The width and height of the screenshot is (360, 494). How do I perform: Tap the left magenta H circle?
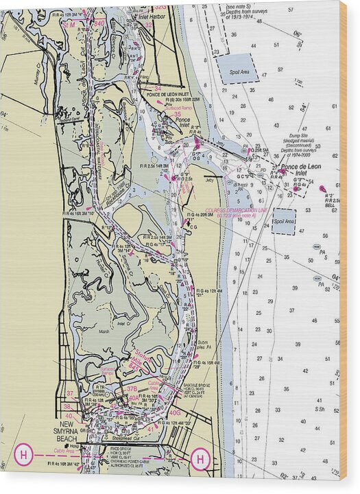23,454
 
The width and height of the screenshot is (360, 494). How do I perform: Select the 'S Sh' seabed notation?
319,409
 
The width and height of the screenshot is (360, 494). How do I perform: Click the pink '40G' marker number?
176,413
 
